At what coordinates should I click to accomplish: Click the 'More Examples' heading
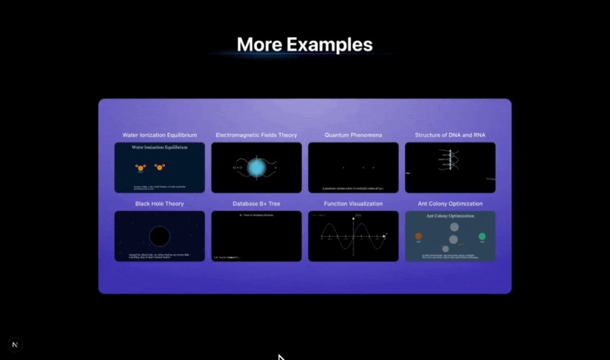click(x=304, y=45)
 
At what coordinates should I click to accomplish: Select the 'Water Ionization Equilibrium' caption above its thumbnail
click(x=159, y=135)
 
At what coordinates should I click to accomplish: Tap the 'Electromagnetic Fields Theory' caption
click(x=256, y=135)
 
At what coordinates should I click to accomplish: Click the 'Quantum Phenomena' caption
click(x=353, y=135)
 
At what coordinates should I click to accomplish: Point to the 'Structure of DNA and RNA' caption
click(x=450, y=135)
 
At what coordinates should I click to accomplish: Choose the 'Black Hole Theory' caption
click(x=159, y=203)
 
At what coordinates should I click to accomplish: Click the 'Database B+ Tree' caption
click(x=256, y=203)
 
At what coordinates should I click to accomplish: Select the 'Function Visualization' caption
click(x=353, y=203)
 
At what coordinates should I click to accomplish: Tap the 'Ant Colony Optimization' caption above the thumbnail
click(x=450, y=203)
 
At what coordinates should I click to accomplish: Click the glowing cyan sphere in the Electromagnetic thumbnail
click(x=257, y=168)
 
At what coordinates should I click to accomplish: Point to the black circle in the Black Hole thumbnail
click(x=159, y=237)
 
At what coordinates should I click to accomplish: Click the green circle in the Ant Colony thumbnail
click(x=482, y=237)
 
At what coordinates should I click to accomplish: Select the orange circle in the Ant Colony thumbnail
click(x=419, y=237)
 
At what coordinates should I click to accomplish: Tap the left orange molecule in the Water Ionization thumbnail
click(x=140, y=168)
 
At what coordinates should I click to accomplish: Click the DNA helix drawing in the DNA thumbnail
click(x=450, y=160)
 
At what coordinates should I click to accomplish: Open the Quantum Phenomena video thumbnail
click(x=353, y=168)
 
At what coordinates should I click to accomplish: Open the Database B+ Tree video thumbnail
click(x=256, y=237)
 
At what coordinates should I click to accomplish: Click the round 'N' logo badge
click(x=15, y=344)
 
